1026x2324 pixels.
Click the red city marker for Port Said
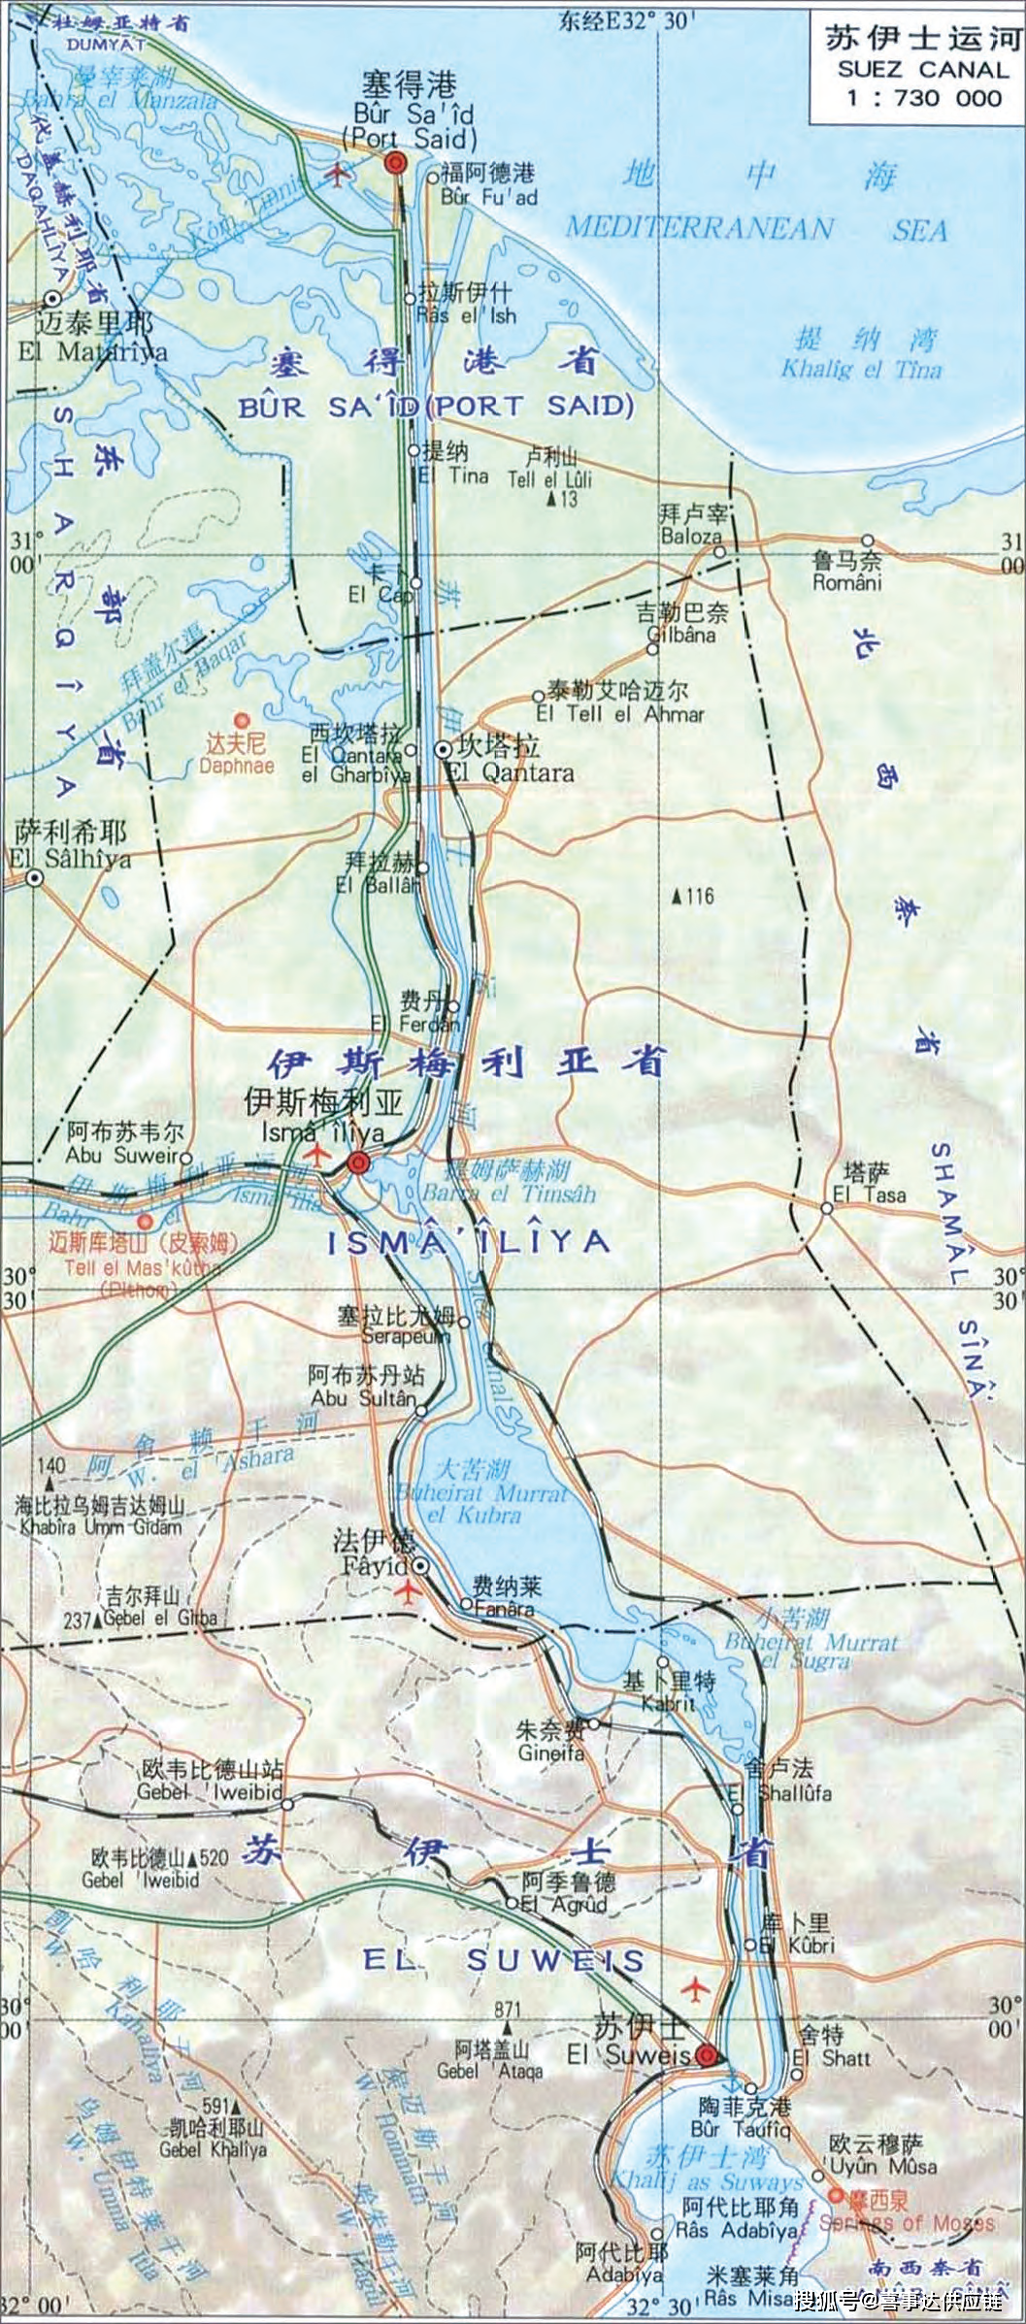(394, 163)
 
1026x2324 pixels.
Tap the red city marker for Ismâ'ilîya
(359, 1162)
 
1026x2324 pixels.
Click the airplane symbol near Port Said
(338, 176)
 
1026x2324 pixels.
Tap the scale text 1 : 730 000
(922, 97)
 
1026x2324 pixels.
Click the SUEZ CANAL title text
(923, 70)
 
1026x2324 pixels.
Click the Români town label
(847, 583)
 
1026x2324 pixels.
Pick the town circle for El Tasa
(826, 1208)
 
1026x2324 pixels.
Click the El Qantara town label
(509, 773)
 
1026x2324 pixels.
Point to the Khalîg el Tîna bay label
(861, 370)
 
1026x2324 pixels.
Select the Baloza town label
(691, 536)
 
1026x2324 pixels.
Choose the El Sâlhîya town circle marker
(35, 879)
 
